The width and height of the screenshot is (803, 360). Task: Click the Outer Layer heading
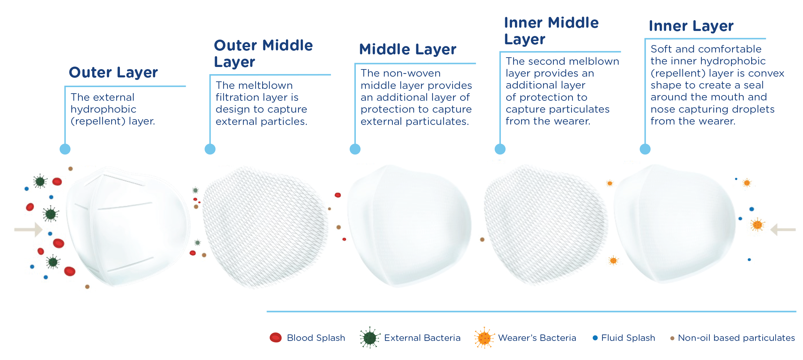113,73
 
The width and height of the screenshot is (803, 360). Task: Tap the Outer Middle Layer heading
263,54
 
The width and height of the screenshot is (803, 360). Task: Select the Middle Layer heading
408,50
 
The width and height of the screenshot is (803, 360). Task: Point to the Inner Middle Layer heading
551,31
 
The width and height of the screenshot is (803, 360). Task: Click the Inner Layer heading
691,26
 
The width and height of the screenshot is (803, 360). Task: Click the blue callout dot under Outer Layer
65,149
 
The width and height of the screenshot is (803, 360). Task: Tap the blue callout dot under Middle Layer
355,149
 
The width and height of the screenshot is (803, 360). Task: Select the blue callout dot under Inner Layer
645,149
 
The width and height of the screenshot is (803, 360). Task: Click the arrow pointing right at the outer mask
28,229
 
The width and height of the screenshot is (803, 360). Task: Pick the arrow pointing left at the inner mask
783,229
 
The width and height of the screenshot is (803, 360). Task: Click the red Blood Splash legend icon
276,338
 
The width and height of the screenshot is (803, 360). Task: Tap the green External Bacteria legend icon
370,338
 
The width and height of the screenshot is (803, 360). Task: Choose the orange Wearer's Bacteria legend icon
484,338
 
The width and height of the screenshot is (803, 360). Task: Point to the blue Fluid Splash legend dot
595,338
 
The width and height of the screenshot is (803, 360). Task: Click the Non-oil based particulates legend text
736,338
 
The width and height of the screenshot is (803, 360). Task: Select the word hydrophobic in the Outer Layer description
103,109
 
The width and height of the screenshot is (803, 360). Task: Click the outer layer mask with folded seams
128,226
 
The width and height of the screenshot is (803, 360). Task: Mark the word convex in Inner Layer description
766,73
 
